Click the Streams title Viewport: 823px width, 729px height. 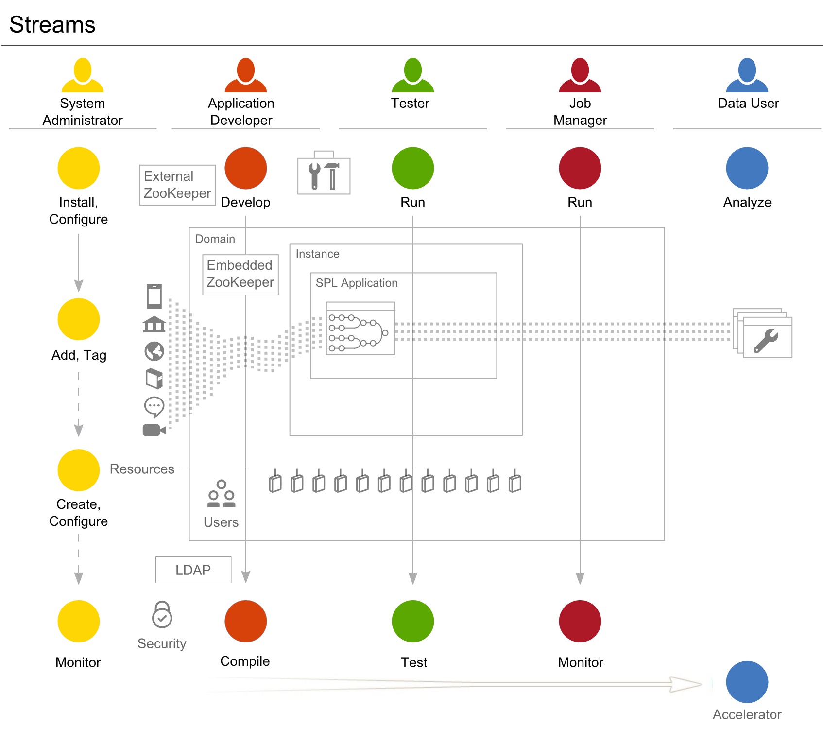(x=52, y=24)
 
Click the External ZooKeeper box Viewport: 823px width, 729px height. (x=177, y=185)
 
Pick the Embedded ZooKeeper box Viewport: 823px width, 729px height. (x=240, y=274)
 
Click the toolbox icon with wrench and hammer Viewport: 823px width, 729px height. (x=324, y=174)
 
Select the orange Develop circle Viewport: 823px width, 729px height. (x=246, y=168)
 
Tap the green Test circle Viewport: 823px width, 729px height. (x=412, y=621)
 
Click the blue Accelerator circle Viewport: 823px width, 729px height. (x=747, y=682)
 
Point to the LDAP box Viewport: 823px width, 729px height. (x=193, y=570)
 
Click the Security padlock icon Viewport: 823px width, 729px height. (x=162, y=615)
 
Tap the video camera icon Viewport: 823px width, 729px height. (x=154, y=430)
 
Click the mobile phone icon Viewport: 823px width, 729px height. (x=154, y=296)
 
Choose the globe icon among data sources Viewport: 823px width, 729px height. (x=154, y=351)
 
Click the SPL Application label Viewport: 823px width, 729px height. (x=357, y=283)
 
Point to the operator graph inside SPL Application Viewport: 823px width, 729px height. (x=360, y=329)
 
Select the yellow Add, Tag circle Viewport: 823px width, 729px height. (x=79, y=319)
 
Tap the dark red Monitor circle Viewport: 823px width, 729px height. (x=580, y=621)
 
